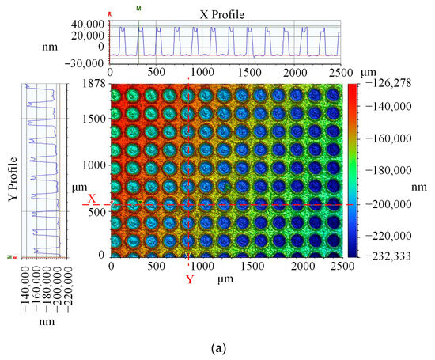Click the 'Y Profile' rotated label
tap(13, 172)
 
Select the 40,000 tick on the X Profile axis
tap(89, 25)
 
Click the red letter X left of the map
tap(92, 199)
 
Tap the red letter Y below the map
tap(189, 279)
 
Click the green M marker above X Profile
tap(139, 8)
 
